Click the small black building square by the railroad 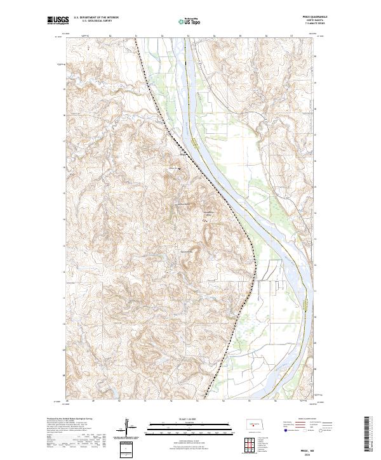point(179,169)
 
